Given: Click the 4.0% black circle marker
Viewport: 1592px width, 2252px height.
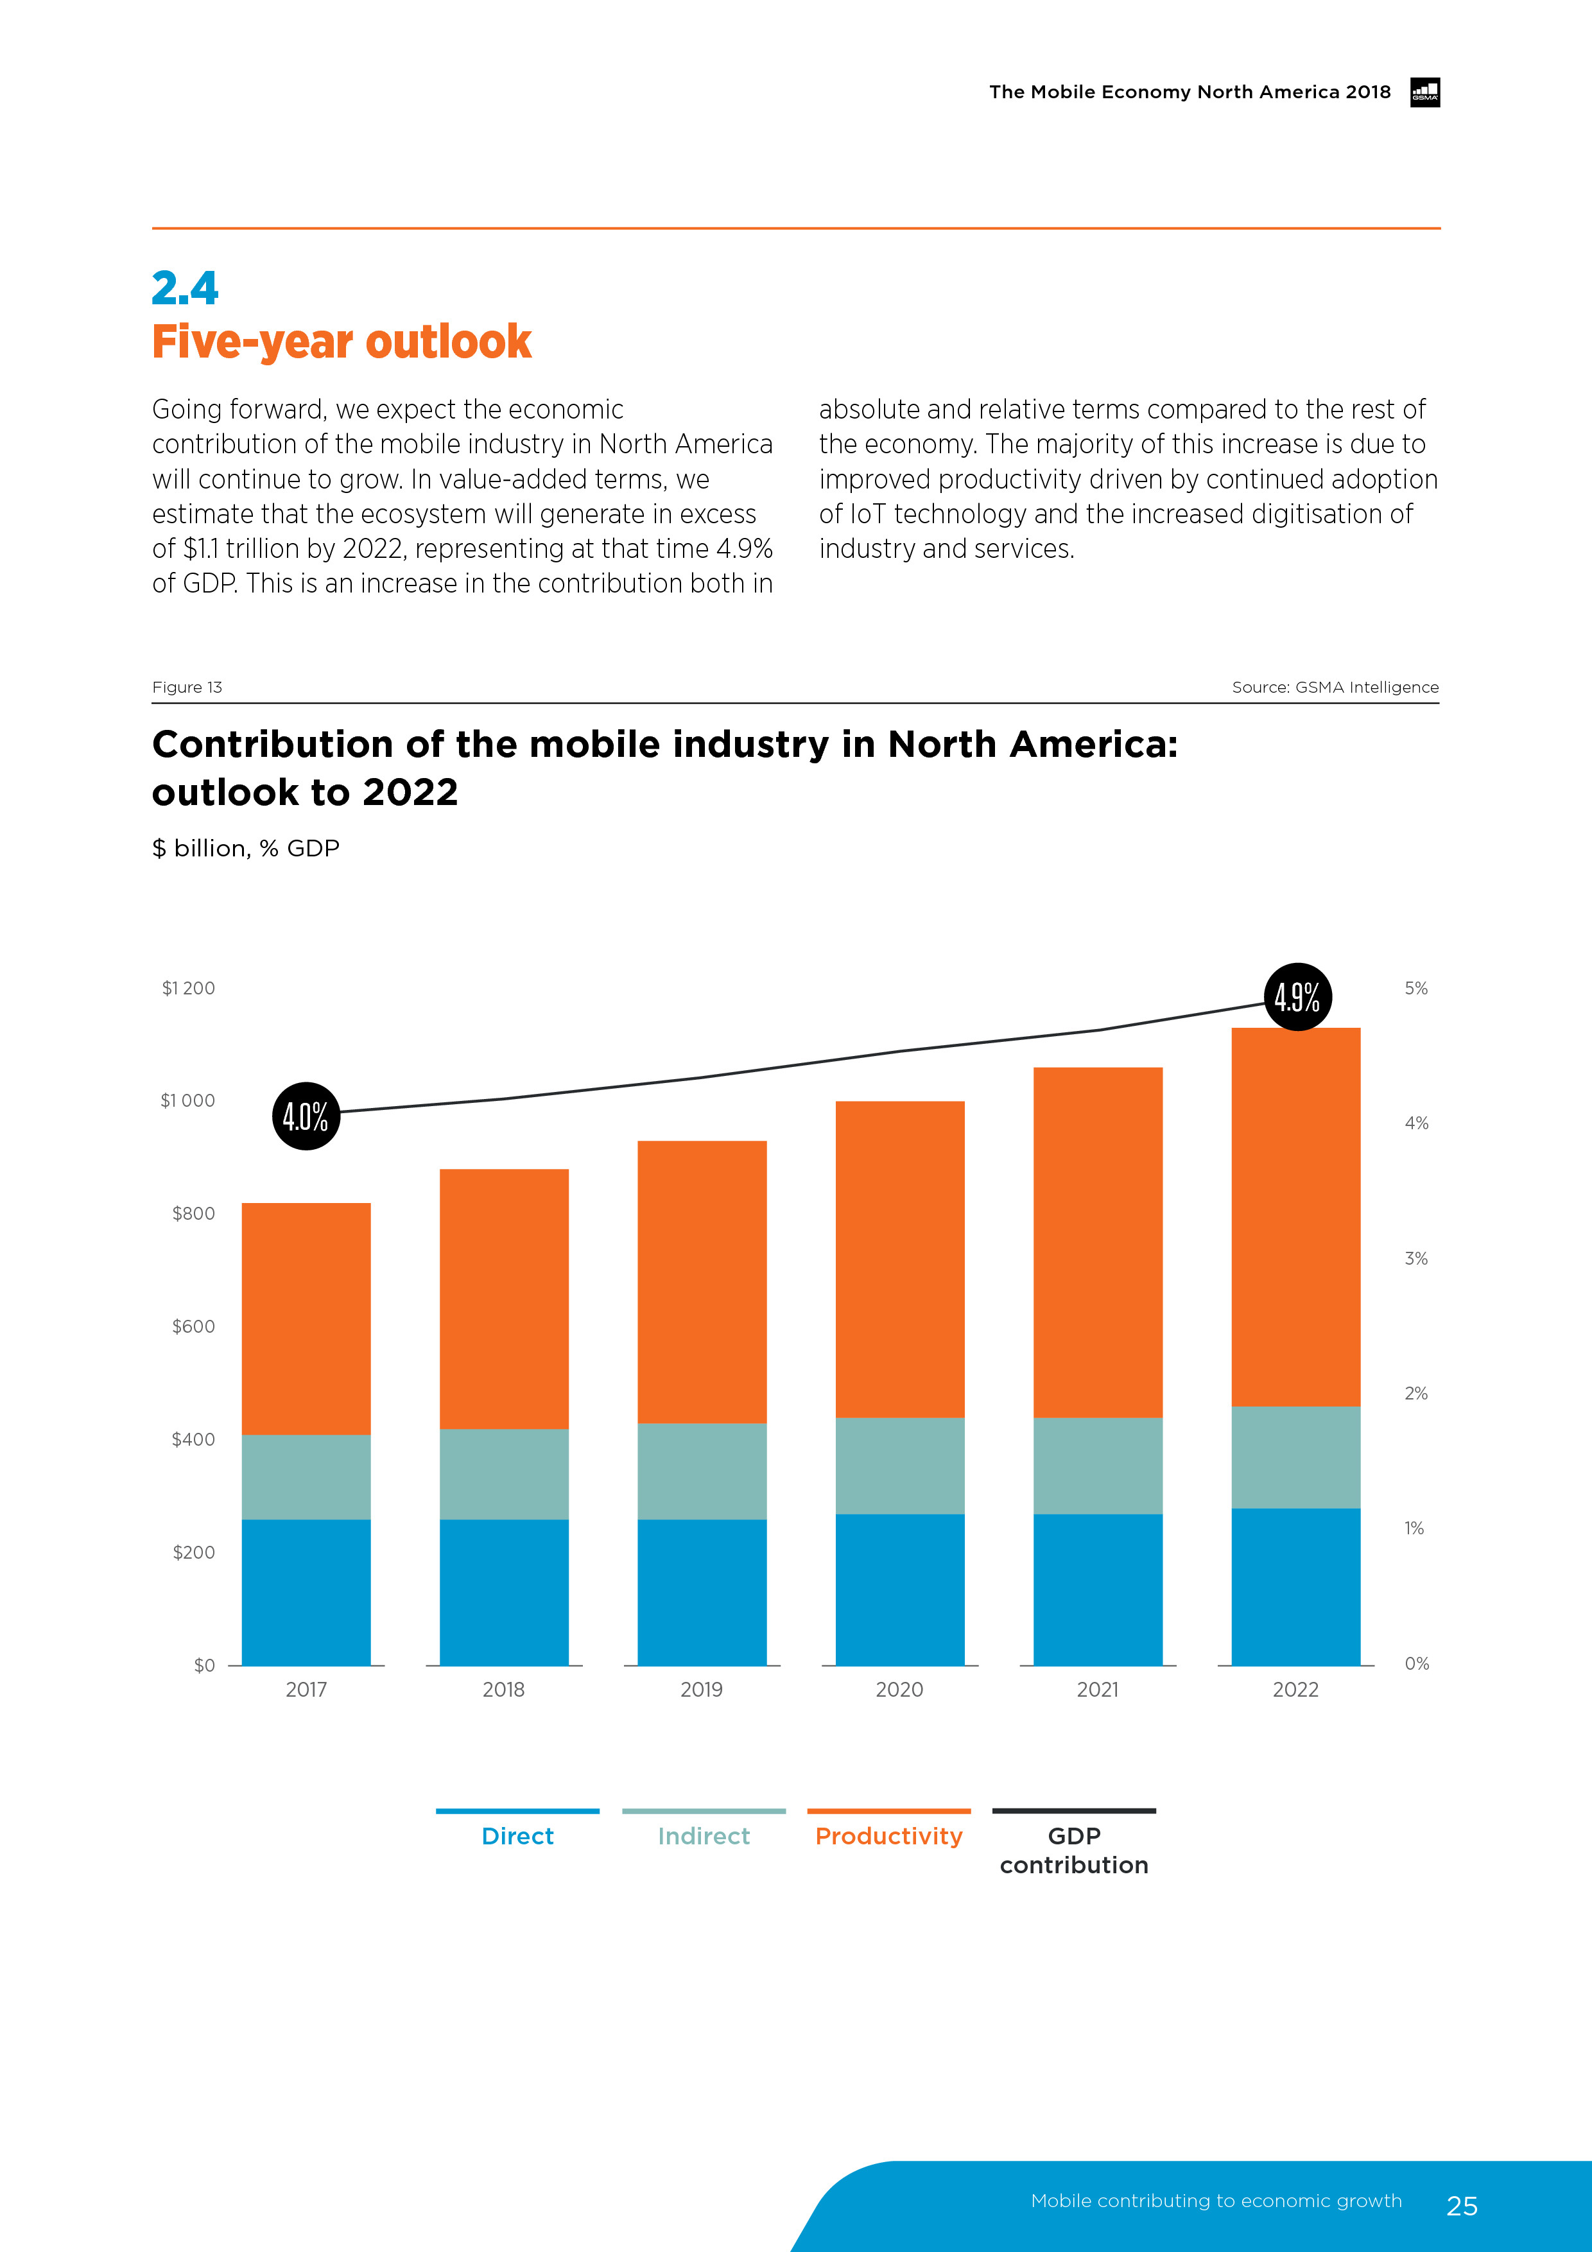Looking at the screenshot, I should click(306, 1116).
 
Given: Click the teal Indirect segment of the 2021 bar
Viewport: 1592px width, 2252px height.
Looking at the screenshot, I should click(1098, 1466).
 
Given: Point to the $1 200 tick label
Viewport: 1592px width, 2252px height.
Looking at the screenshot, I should click(188, 988).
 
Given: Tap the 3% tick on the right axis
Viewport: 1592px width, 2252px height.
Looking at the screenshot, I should click(1415, 1258).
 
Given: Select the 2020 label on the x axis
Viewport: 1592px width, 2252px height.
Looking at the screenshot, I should click(899, 1689).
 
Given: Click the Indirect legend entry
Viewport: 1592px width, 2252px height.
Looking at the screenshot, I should click(704, 1835).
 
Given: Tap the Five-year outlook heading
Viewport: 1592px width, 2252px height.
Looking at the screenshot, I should click(342, 342).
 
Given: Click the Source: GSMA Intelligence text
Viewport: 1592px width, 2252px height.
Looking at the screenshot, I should click(1335, 687).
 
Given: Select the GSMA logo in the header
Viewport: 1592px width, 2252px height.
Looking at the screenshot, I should click(1424, 92).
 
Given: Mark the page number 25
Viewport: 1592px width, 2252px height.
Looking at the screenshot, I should click(1462, 2206).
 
